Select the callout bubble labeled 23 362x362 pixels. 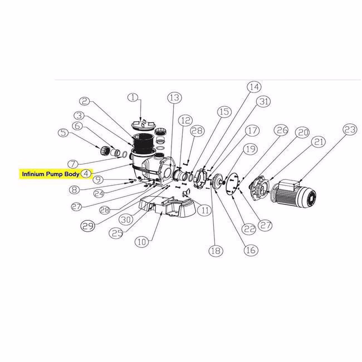tap(350, 130)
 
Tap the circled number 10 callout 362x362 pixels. tap(142, 242)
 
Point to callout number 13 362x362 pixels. tap(175, 98)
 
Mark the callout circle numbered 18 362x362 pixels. tap(216, 251)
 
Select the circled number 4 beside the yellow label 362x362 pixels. tap(86, 174)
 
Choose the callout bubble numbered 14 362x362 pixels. tap(254, 87)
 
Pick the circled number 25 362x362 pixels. tap(118, 233)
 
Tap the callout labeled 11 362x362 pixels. tap(205, 210)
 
